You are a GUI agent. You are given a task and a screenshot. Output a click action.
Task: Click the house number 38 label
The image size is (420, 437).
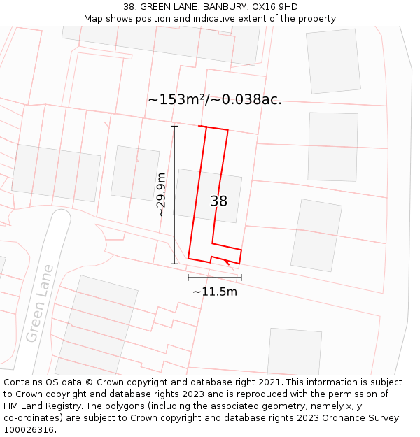coord(218,201)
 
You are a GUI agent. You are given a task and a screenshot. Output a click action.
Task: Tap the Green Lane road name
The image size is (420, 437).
coord(40,303)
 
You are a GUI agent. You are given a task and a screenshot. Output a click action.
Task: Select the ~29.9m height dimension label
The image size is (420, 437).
coord(161,194)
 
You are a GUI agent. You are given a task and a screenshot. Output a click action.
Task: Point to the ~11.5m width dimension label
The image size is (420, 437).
coord(215,292)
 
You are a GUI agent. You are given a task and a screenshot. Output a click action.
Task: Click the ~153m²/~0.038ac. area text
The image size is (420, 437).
coord(215,99)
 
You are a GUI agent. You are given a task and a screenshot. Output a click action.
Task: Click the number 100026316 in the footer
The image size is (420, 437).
coord(28,430)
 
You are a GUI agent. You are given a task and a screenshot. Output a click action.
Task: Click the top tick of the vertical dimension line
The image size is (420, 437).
coord(174,127)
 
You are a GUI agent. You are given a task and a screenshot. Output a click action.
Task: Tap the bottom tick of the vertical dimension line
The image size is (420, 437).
coord(174,264)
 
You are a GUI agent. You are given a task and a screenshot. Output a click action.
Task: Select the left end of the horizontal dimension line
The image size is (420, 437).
coord(188,278)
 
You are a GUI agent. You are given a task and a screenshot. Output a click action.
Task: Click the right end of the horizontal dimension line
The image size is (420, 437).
coord(241,278)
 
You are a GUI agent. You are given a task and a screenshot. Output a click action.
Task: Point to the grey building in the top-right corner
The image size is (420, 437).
coord(333,61)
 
